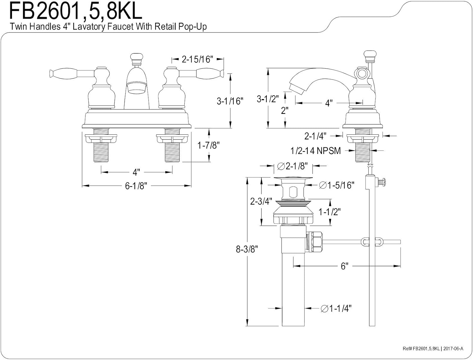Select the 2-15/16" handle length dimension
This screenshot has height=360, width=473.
click(x=197, y=59)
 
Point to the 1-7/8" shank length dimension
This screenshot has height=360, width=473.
click(x=208, y=145)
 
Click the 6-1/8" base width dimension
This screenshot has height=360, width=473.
click(x=136, y=186)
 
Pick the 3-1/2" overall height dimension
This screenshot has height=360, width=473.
click(x=268, y=99)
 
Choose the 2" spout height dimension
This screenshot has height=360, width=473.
click(x=285, y=110)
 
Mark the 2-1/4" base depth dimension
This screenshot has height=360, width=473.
click(x=314, y=136)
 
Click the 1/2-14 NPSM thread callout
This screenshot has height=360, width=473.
click(x=316, y=151)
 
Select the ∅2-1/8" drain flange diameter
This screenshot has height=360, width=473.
click(x=292, y=166)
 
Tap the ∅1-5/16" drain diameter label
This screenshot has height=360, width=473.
click(x=336, y=185)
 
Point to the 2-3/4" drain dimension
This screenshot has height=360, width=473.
click(x=261, y=201)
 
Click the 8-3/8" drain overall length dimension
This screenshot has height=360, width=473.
click(x=247, y=249)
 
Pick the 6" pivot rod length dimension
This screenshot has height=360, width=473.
click(x=344, y=266)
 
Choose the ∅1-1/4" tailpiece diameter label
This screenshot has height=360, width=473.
click(x=336, y=308)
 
